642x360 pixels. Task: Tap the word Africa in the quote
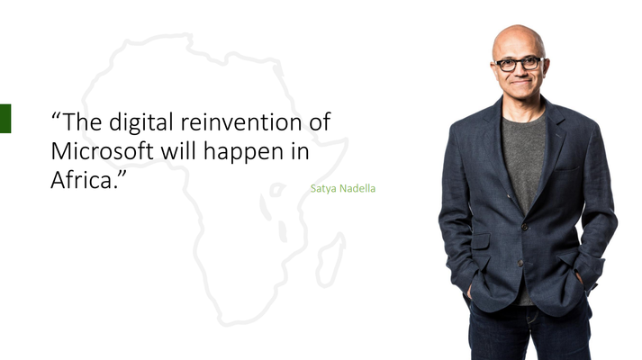pos(81,180)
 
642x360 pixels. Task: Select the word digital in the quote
pos(140,123)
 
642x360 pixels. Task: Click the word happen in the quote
pos(244,153)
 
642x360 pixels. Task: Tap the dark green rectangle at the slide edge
pos(5,119)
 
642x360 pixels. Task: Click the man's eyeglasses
pos(519,64)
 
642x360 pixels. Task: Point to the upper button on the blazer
pos(524,226)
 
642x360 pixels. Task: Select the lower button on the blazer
pos(520,263)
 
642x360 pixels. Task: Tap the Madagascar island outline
pos(330,260)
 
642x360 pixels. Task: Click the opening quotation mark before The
pos(56,117)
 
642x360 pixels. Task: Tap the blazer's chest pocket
pos(567,166)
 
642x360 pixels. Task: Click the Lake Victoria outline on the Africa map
pos(277,189)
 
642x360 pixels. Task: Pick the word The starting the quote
pos(82,121)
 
